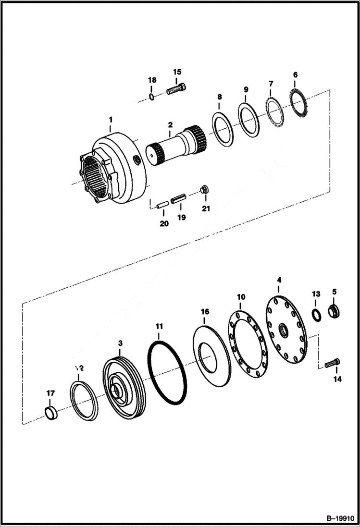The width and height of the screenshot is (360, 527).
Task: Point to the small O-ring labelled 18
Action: click(151, 98)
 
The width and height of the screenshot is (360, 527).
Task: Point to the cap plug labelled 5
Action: click(335, 311)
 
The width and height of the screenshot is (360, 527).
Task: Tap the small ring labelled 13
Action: click(316, 316)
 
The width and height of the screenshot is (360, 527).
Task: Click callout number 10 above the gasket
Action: click(241, 297)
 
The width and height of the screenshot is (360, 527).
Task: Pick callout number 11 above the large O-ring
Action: click(159, 327)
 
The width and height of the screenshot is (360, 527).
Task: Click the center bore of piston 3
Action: click(116, 390)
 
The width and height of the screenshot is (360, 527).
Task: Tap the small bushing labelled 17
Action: click(51, 413)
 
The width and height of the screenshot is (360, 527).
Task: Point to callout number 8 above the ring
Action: click(220, 97)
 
